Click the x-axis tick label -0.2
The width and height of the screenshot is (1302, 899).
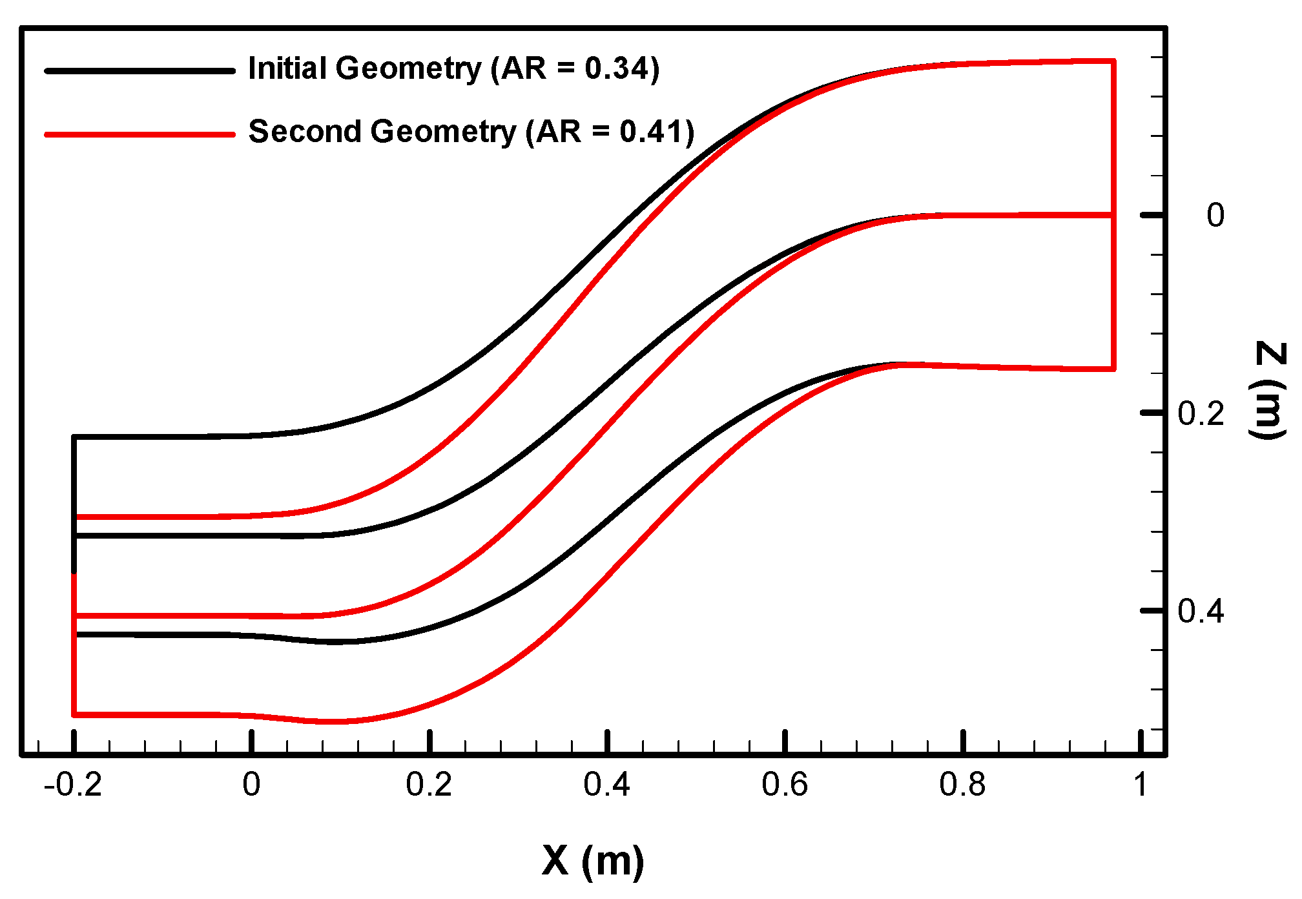click(x=72, y=785)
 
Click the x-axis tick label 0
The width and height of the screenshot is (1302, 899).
click(x=251, y=785)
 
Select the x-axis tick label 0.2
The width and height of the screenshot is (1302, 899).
click(x=429, y=785)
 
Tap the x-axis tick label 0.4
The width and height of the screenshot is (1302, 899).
click(x=606, y=785)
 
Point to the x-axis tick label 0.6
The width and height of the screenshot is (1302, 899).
click(x=785, y=785)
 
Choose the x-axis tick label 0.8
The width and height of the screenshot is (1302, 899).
click(x=962, y=785)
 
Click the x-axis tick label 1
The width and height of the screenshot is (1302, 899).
click(x=1141, y=785)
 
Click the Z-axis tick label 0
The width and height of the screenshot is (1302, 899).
click(x=1215, y=216)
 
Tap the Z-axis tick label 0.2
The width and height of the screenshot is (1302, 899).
click(x=1201, y=414)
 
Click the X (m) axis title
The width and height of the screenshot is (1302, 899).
click(x=593, y=861)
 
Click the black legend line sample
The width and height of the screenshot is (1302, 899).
click(x=139, y=71)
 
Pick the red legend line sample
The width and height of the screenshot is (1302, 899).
click(x=139, y=134)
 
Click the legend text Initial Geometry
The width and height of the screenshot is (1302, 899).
click(x=365, y=69)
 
